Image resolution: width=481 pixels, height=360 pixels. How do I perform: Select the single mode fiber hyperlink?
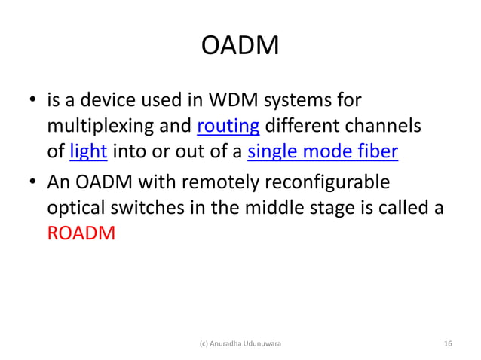[323, 152]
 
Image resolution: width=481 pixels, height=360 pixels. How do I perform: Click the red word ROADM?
[81, 233]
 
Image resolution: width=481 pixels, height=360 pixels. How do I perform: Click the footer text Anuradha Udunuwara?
[240, 343]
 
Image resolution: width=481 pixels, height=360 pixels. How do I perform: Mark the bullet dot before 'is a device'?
[33, 99]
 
